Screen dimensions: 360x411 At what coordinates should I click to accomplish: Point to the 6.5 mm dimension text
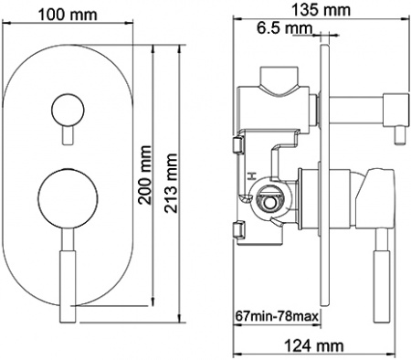coord(285,29)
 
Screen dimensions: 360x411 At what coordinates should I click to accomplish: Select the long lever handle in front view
coord(66,274)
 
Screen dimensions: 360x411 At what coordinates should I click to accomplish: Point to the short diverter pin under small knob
coord(66,135)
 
